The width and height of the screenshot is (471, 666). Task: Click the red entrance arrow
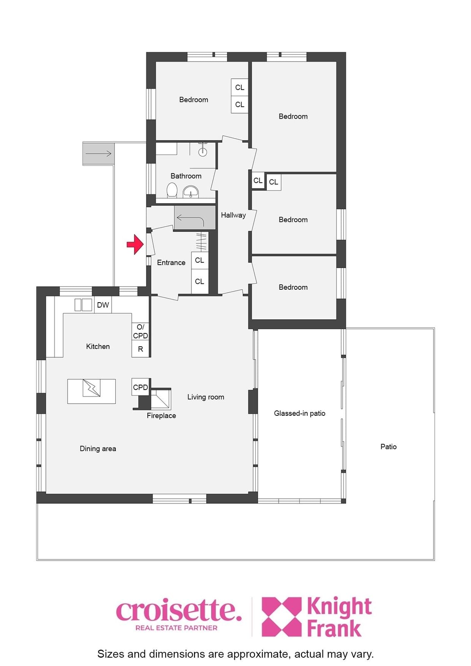coord(136,244)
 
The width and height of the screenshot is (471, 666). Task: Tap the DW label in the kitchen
coord(103,305)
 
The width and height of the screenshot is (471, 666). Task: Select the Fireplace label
coord(161,416)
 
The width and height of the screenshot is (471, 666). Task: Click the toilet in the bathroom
coord(172,190)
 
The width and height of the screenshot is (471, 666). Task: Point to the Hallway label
coord(233,215)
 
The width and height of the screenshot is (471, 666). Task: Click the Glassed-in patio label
coord(299,413)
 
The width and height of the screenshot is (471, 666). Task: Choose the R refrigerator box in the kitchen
coord(140,349)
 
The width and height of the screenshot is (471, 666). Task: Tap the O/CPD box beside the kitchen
coord(140,331)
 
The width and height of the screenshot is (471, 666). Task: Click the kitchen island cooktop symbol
coord(91,388)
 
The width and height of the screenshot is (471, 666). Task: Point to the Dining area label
coord(98,449)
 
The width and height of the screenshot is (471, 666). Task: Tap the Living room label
coord(206,397)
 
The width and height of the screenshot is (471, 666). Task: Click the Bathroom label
coord(186,176)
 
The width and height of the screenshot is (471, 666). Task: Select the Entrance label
coord(171,263)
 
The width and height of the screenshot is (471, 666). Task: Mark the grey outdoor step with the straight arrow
coord(98,154)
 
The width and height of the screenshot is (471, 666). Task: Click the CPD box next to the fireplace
coord(140,387)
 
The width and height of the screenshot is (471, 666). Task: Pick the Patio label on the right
coord(389,447)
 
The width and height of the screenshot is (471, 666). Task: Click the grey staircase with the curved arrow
coord(195,218)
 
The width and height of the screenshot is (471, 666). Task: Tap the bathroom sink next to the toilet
coord(190,191)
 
